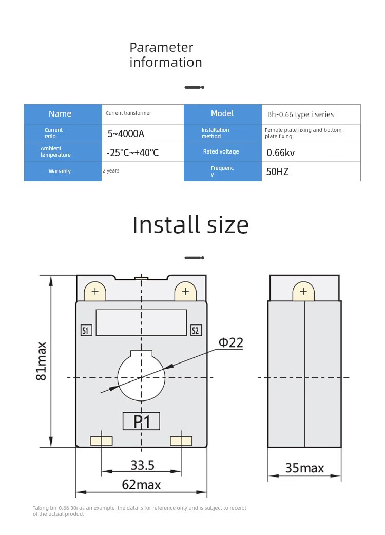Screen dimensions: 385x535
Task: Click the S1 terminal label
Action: (x=86, y=330)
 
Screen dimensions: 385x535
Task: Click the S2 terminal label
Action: (x=196, y=330)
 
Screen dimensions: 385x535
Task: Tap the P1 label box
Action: (x=141, y=421)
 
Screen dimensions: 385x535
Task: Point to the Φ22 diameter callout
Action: (x=231, y=342)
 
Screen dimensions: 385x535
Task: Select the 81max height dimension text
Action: (x=41, y=361)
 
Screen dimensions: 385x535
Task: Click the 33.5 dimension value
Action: (x=143, y=465)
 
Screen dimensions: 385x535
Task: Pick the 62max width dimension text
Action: (x=141, y=485)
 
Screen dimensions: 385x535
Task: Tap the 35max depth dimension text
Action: (x=304, y=468)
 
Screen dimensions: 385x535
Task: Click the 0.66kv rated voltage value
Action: (x=280, y=152)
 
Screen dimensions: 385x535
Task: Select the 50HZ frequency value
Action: (x=277, y=171)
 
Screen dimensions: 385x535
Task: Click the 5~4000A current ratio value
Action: (x=126, y=133)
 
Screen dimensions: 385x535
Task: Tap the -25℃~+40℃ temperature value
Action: (x=132, y=152)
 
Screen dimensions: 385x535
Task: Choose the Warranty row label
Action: (x=60, y=171)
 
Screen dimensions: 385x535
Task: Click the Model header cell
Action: (x=222, y=113)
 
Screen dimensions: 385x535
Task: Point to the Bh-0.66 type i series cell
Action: (x=300, y=114)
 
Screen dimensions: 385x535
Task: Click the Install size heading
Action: (x=190, y=225)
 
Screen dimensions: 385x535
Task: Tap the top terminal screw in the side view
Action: (x=303, y=291)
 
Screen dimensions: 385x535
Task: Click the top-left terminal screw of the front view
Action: (x=95, y=291)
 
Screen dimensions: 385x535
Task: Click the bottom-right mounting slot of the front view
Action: (x=181, y=441)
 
